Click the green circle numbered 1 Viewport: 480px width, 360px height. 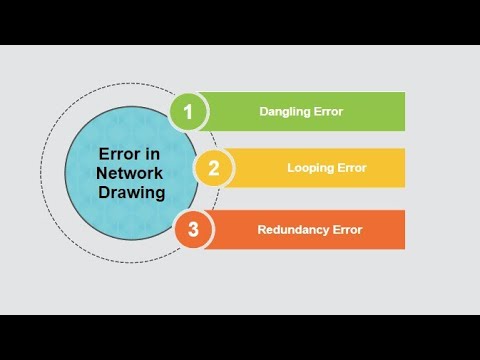pyautogui.click(x=187, y=111)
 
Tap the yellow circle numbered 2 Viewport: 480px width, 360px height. pyautogui.click(x=213, y=168)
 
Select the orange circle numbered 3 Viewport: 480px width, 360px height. pyautogui.click(x=193, y=229)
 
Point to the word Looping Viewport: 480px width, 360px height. pyautogui.click(x=310, y=168)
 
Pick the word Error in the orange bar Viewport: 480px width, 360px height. pyautogui.click(x=345, y=229)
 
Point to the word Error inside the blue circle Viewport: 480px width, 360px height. pyautogui.click(x=117, y=155)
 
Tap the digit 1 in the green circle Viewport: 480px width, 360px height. pyautogui.click(x=187, y=111)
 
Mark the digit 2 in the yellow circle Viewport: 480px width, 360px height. pyautogui.click(x=213, y=168)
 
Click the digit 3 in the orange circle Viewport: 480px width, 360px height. pyautogui.click(x=193, y=229)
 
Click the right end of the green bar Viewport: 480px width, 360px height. pyautogui.click(x=402, y=112)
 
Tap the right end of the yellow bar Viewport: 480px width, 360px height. pyautogui.click(x=402, y=168)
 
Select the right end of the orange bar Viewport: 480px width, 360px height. pyautogui.click(x=402, y=229)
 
